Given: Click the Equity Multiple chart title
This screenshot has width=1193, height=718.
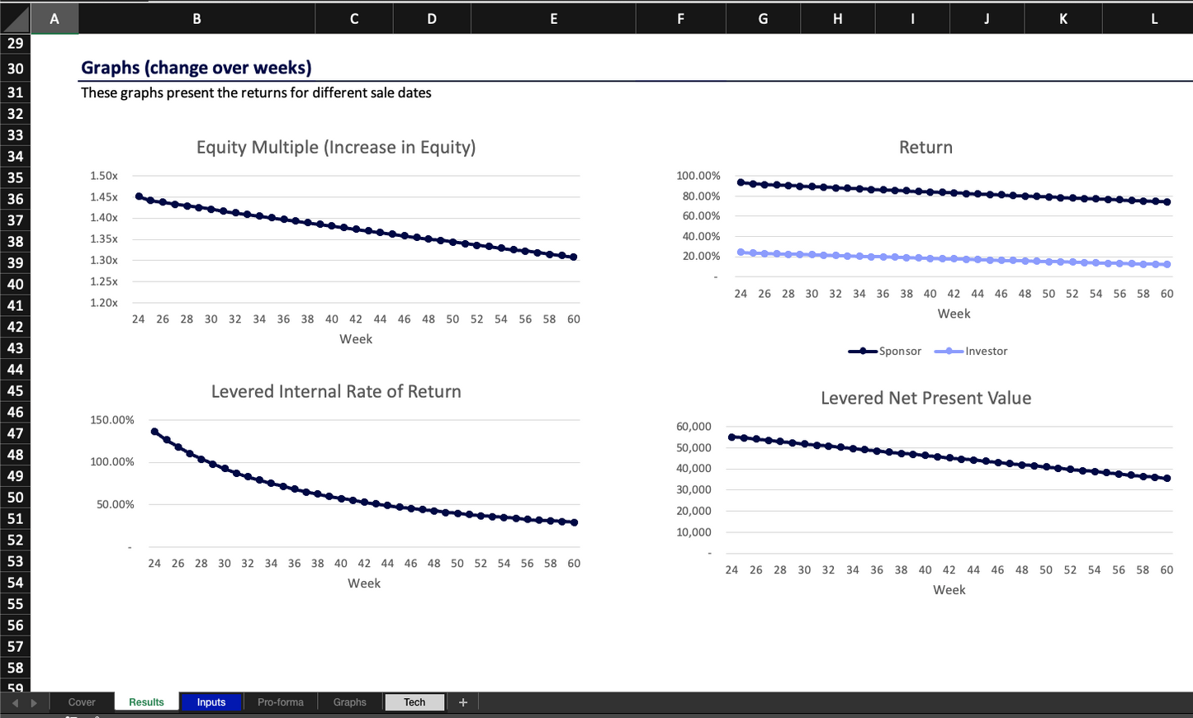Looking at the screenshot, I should [x=335, y=148].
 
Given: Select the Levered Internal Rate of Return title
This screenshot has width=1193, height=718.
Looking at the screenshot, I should [x=335, y=392].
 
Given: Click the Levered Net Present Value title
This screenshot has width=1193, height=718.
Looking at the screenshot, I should [x=926, y=399].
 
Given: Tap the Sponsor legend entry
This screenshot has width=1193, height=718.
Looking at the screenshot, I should [x=885, y=352].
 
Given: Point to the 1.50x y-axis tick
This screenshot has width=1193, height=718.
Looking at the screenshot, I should [x=104, y=176].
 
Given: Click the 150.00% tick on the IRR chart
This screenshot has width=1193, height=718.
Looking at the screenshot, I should [x=111, y=420].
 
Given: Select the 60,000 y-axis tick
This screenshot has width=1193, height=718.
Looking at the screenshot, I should [x=694, y=427].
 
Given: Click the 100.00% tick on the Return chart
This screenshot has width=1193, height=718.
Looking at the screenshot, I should [x=698, y=176].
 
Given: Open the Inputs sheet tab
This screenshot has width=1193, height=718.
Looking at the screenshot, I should [x=211, y=702].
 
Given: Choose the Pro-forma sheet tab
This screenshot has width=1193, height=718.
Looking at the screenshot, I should [x=280, y=702].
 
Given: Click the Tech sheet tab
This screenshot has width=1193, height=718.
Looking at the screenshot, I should [x=414, y=702].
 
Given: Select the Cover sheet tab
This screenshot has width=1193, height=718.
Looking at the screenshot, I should [x=82, y=702].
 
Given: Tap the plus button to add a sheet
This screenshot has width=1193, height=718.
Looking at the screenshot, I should [x=463, y=702].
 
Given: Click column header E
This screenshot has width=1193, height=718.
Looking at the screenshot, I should [x=553, y=18].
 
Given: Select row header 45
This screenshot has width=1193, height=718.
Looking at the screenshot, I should [x=15, y=391].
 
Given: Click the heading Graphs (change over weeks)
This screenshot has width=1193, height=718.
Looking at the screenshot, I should [x=196, y=68].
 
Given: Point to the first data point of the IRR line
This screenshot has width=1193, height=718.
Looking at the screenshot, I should [x=154, y=432].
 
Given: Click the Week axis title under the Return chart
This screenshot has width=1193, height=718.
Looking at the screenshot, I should [x=954, y=314].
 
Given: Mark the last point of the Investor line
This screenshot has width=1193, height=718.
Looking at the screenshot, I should [x=1167, y=264].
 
